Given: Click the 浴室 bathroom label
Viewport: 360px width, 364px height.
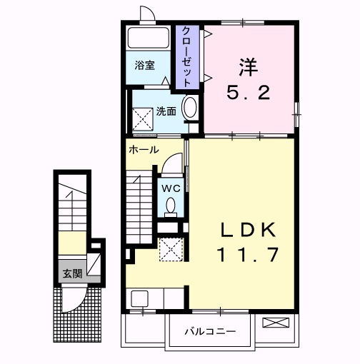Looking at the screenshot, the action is click(144, 65).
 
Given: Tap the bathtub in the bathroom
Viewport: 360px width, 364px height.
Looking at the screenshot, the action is click(149, 38).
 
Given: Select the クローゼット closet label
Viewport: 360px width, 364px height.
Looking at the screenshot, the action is click(186, 57).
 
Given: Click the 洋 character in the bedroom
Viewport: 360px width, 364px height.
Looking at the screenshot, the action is click(249, 67).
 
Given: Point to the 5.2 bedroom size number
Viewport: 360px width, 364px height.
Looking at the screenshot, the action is click(249, 93).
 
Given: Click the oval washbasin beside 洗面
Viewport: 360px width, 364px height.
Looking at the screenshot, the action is click(189, 107).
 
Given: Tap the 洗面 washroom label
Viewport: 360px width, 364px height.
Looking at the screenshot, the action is click(166, 111).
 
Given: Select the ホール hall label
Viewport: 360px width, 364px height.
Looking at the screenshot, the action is click(144, 150).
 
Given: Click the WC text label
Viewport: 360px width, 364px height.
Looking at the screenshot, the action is click(171, 188).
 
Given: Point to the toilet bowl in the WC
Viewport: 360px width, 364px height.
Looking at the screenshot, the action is click(171, 206).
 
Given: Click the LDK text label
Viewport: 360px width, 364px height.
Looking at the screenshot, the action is click(248, 230).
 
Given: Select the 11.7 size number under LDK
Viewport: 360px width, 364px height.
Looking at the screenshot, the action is click(248, 255).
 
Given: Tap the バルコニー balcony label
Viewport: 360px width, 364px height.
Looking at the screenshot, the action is click(210, 331).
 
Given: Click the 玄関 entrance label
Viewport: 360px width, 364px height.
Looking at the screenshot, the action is click(72, 273).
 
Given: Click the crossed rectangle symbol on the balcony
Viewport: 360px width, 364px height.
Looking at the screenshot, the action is click(276, 323).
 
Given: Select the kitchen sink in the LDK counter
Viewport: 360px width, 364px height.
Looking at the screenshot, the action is click(140, 299).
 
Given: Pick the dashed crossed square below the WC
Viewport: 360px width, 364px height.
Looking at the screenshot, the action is click(171, 249).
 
